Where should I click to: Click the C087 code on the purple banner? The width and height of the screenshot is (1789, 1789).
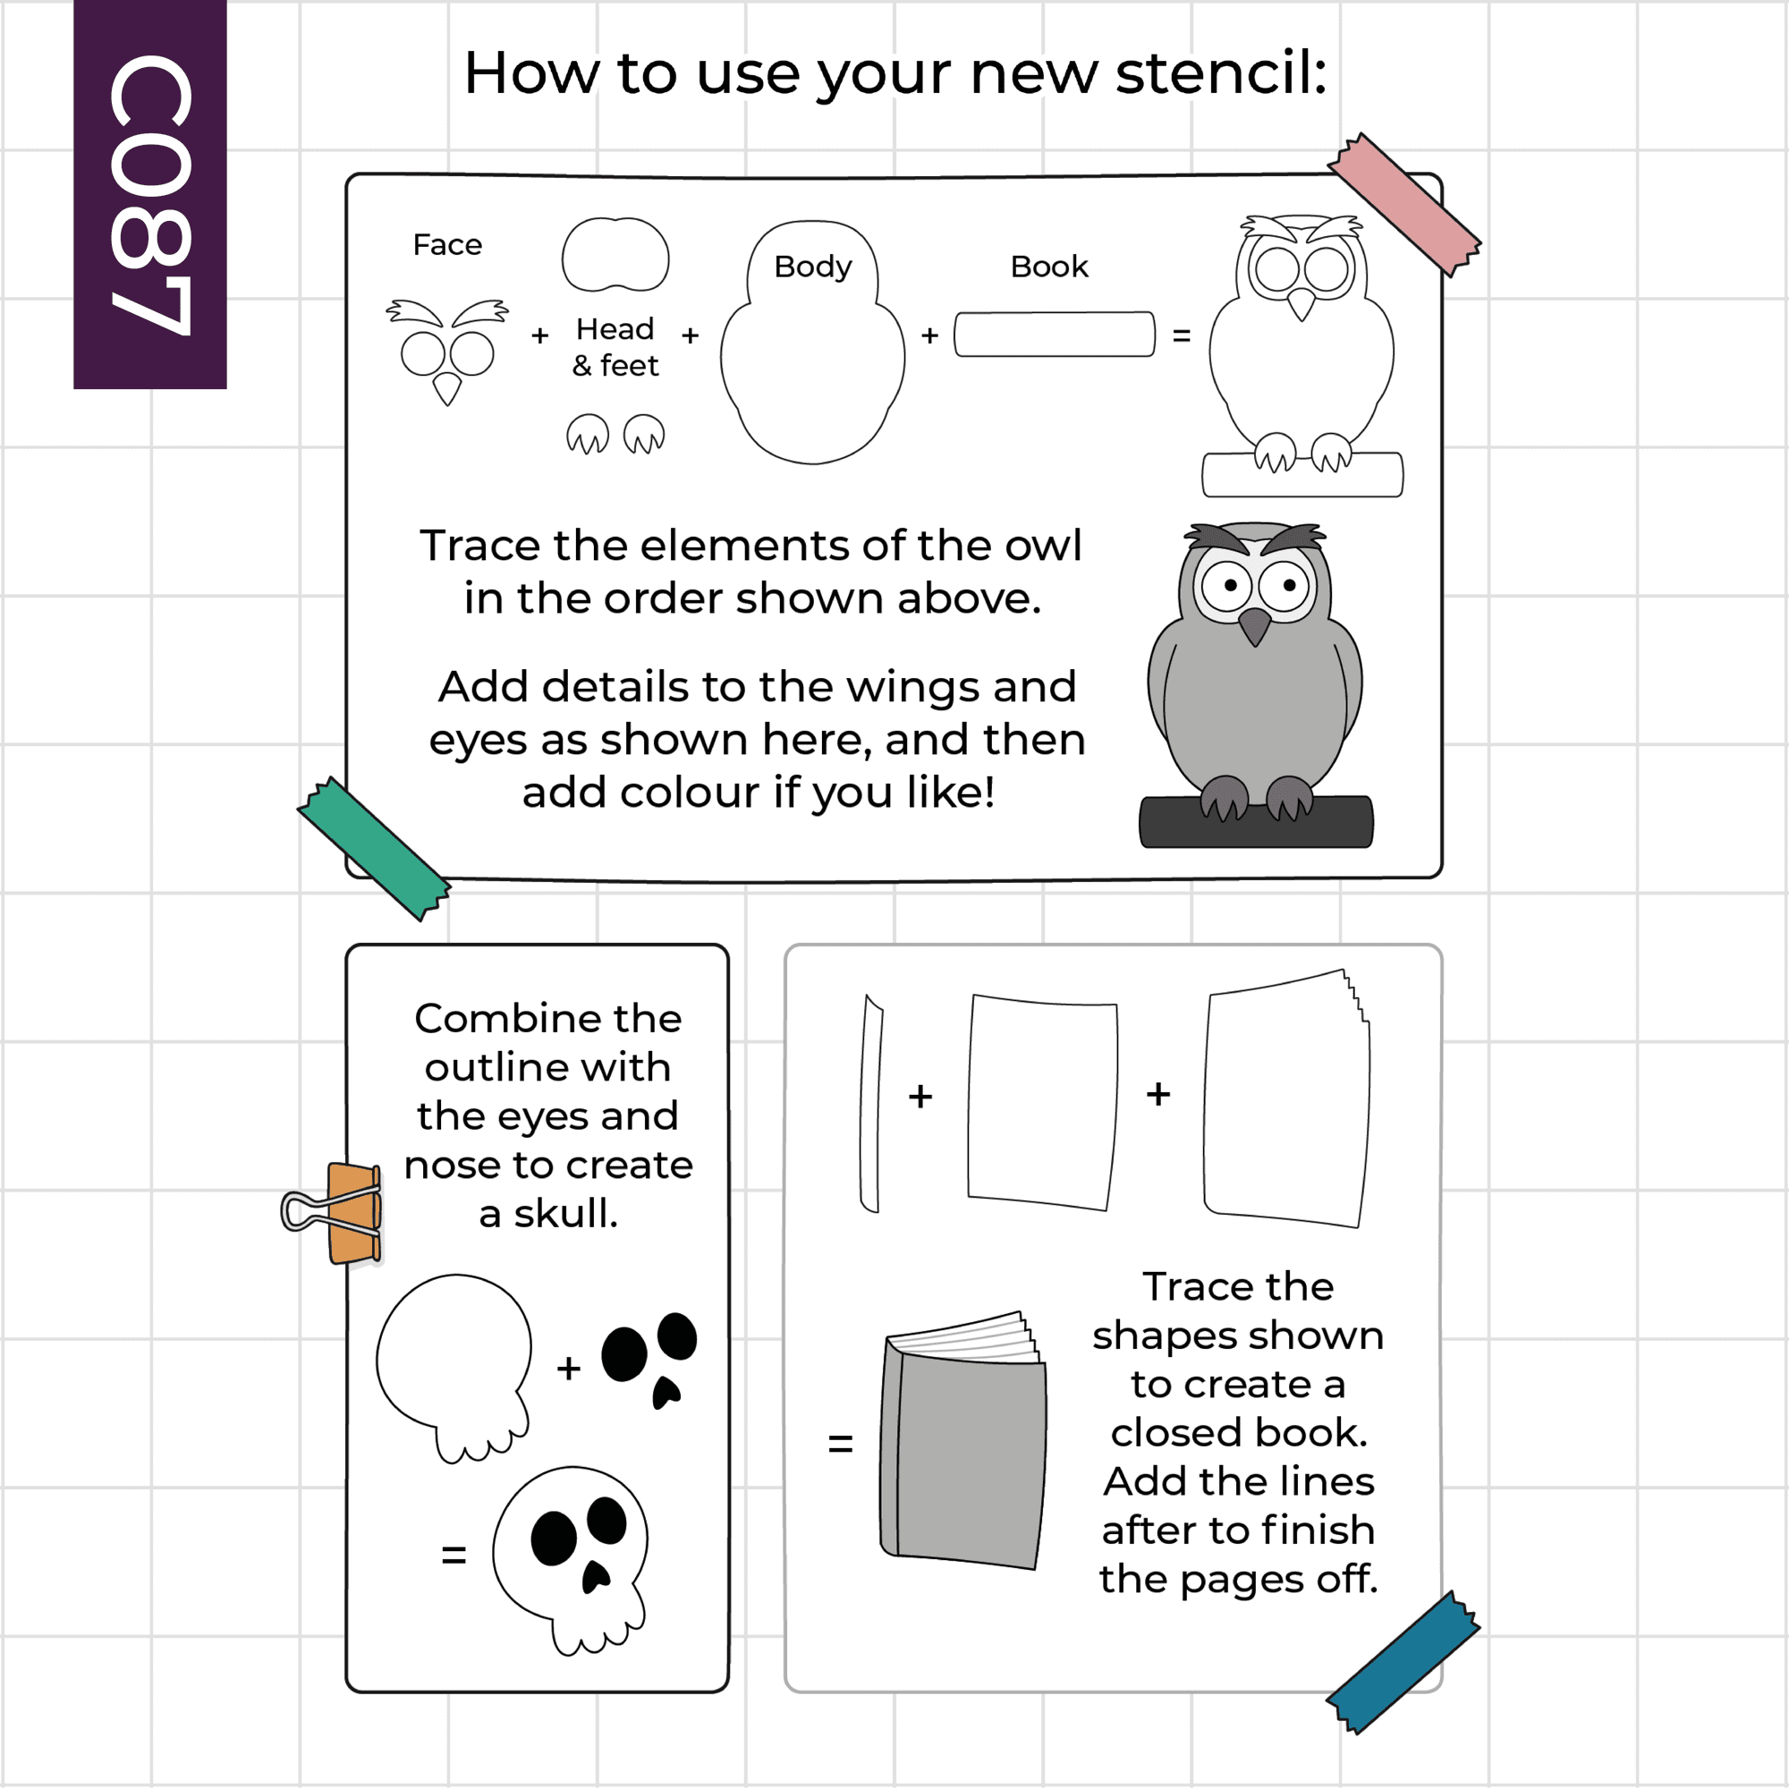click(x=150, y=194)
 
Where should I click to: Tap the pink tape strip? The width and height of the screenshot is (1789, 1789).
click(x=1403, y=205)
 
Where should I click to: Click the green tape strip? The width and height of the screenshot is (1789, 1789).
click(x=374, y=848)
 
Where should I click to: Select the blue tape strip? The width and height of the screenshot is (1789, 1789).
click(x=1403, y=1662)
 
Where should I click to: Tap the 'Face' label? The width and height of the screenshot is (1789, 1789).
click(x=447, y=244)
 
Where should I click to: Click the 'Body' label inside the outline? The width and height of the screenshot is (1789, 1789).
click(x=813, y=267)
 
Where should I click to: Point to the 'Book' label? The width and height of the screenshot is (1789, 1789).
click(x=1049, y=267)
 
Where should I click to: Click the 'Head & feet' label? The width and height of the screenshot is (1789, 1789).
click(x=615, y=347)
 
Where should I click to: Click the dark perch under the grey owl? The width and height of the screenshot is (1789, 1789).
click(x=1257, y=822)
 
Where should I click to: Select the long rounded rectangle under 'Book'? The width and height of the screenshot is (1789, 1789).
click(x=1055, y=335)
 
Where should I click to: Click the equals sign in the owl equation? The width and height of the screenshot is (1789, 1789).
click(x=1182, y=335)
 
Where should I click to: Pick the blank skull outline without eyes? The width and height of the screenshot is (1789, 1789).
click(x=454, y=1367)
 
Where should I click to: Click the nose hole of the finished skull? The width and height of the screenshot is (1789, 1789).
click(x=596, y=1577)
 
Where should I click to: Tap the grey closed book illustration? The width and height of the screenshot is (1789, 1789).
click(x=963, y=1440)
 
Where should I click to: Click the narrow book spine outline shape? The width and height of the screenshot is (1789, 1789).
click(x=870, y=1103)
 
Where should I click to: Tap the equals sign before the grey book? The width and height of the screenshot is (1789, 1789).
click(x=840, y=1443)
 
